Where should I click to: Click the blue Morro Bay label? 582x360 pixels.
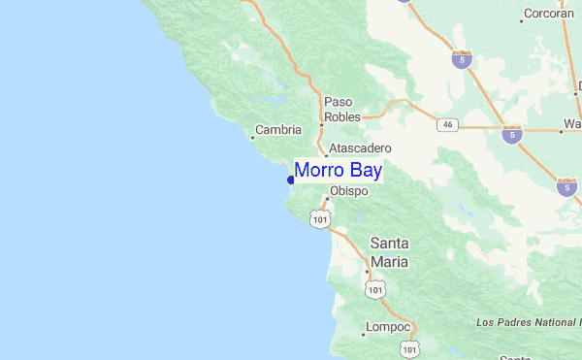click(x=339, y=171)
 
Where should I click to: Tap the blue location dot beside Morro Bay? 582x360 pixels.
click(x=290, y=180)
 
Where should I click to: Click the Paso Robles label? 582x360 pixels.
click(x=341, y=109)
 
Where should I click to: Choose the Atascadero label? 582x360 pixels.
click(x=360, y=147)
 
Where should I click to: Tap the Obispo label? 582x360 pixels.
click(x=349, y=191)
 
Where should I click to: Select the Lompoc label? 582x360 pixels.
click(x=389, y=327)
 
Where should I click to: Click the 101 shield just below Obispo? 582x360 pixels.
click(x=321, y=220)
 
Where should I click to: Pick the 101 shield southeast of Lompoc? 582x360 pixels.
click(x=410, y=347)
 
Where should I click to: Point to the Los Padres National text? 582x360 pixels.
click(x=527, y=321)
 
